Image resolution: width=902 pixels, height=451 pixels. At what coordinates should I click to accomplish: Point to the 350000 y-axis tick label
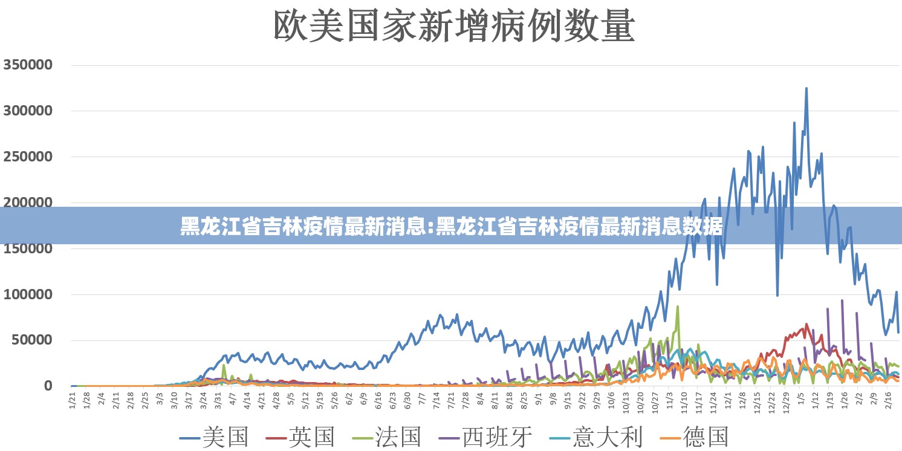37,65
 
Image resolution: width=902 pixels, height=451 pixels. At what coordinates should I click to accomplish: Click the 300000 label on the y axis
37,111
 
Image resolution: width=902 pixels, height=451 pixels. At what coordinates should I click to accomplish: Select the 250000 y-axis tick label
37,157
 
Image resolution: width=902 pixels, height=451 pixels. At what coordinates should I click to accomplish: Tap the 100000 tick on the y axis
37,294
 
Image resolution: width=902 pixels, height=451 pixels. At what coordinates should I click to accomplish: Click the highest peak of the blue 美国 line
806,88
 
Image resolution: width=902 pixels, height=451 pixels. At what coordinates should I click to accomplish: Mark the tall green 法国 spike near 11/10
678,307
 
